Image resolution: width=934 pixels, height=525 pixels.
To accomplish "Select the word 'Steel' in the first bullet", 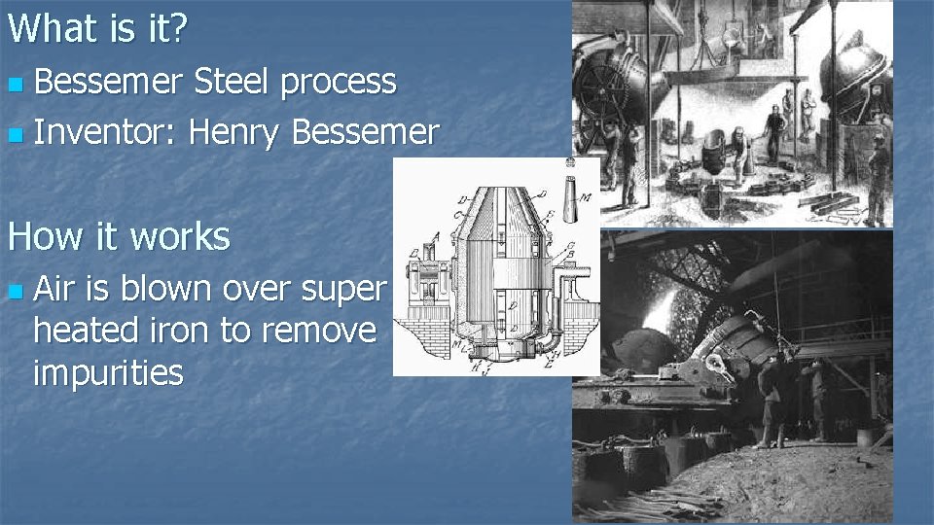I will click(233, 82).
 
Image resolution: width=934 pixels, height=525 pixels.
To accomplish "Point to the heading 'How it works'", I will click(119, 236).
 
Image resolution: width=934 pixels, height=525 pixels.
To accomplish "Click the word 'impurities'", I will click(108, 372).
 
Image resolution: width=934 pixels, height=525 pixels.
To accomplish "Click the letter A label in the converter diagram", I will click(436, 234).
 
